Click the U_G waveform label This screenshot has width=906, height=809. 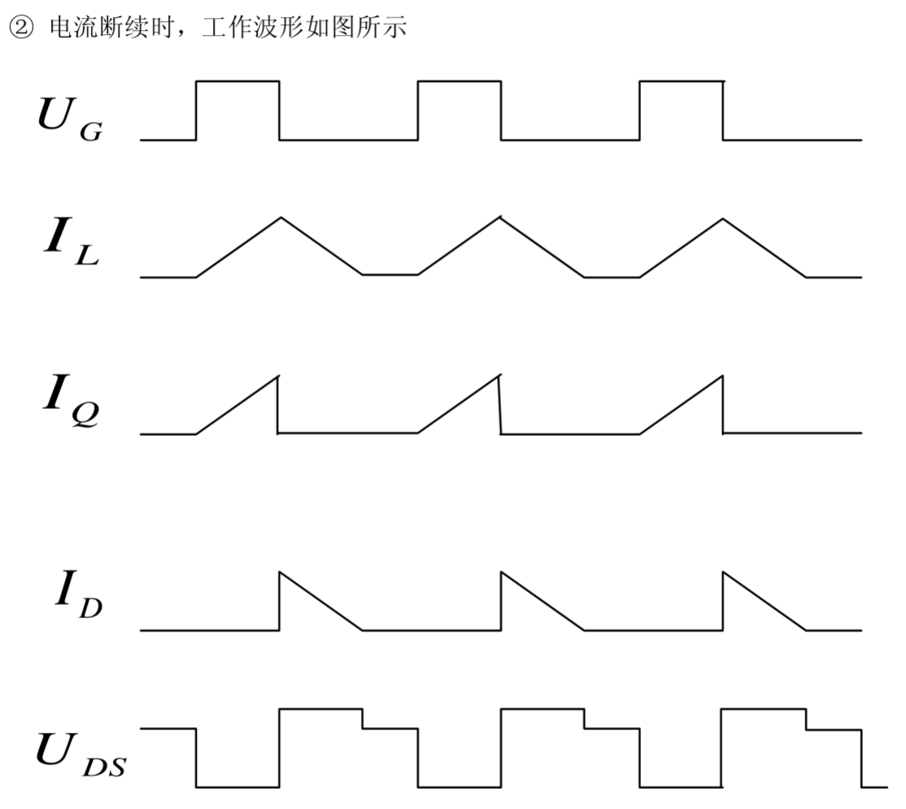[70, 115]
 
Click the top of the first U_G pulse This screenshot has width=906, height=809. [237, 81]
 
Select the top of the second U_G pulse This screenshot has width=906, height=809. [460, 81]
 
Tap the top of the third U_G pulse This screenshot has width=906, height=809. [682, 81]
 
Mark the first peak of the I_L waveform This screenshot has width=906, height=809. [281, 217]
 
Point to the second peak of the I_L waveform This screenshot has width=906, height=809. [502, 217]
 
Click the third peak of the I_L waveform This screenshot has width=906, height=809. [723, 217]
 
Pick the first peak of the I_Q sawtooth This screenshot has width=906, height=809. [277, 376]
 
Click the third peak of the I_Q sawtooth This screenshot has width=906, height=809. [721, 376]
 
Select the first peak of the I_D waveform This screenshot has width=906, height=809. [281, 572]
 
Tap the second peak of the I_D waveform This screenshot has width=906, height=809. [502, 572]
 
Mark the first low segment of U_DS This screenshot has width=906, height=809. [237, 786]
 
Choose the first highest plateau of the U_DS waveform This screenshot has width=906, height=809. [320, 709]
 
